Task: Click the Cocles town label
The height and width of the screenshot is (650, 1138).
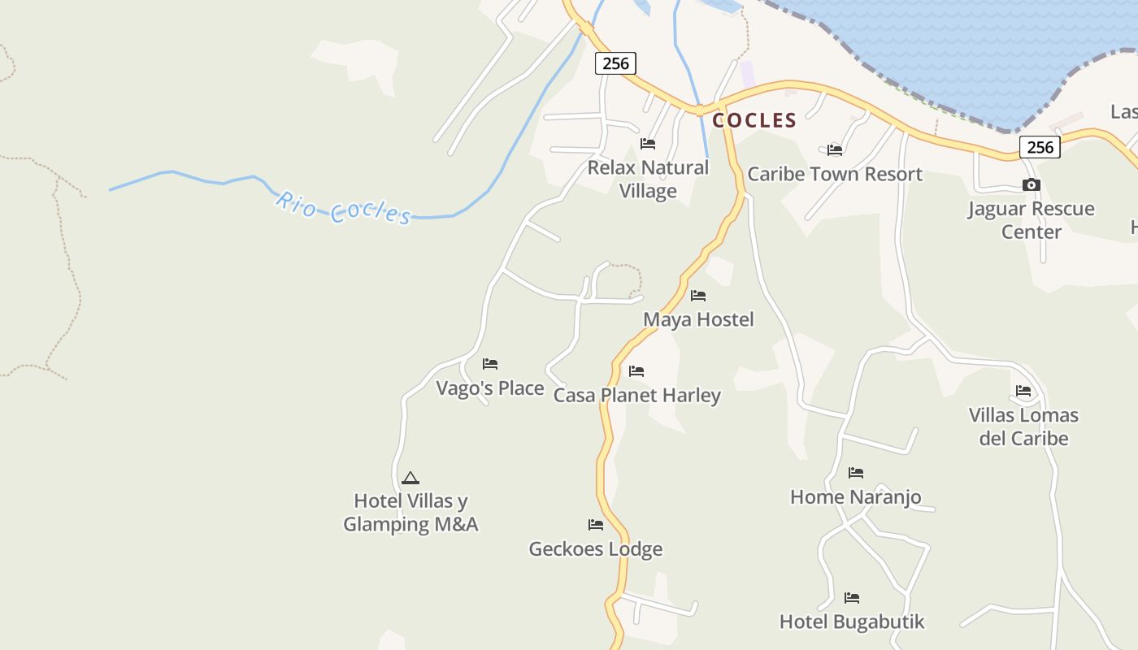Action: pyautogui.click(x=754, y=120)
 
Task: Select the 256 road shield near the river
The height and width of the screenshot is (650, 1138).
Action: pyautogui.click(x=615, y=63)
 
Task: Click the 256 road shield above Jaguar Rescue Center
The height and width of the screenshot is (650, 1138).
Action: pyautogui.click(x=1040, y=147)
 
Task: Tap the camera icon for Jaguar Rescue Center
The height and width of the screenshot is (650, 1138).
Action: pyautogui.click(x=1031, y=185)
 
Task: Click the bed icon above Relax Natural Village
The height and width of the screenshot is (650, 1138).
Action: pyautogui.click(x=648, y=144)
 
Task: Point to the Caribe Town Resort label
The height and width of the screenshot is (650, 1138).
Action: pyautogui.click(x=835, y=174)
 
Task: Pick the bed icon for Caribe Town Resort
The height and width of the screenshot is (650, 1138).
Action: pyautogui.click(x=835, y=149)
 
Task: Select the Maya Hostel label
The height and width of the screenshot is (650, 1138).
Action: pyautogui.click(x=698, y=319)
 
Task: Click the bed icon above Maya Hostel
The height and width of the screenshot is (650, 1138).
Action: pyautogui.click(x=698, y=296)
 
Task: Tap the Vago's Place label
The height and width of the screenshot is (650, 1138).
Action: pyautogui.click(x=490, y=388)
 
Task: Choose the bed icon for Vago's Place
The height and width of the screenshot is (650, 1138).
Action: pyautogui.click(x=490, y=364)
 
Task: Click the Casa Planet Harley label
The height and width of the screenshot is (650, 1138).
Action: pyautogui.click(x=637, y=396)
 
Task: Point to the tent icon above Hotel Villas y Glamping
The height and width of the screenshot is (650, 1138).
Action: pyautogui.click(x=410, y=478)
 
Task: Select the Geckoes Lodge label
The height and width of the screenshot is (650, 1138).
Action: pyautogui.click(x=596, y=549)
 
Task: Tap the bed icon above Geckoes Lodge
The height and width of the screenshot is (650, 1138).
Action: pyautogui.click(x=596, y=525)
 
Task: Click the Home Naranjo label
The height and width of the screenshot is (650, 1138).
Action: pyautogui.click(x=856, y=496)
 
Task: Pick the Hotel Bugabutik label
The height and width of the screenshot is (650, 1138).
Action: pyautogui.click(x=852, y=622)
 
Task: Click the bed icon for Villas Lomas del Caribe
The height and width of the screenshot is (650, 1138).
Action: pyautogui.click(x=1023, y=392)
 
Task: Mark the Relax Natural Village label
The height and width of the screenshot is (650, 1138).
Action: pyautogui.click(x=648, y=179)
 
